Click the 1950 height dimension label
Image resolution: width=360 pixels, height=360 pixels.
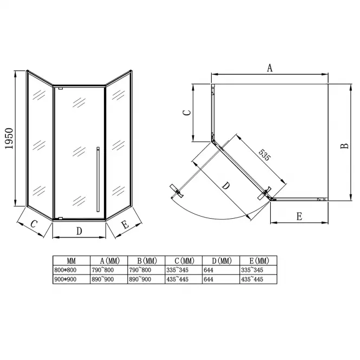9,139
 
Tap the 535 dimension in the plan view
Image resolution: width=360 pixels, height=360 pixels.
265,155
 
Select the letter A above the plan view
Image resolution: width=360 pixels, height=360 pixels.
270,68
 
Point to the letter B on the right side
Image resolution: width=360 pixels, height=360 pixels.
344,146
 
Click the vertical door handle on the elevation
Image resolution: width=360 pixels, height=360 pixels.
98,179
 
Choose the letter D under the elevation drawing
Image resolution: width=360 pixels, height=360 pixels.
79,231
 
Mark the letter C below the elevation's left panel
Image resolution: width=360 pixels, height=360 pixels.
34,224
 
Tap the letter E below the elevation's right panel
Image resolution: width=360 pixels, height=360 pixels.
126,225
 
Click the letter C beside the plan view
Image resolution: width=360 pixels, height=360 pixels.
187,113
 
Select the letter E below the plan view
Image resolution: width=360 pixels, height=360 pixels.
299,217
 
